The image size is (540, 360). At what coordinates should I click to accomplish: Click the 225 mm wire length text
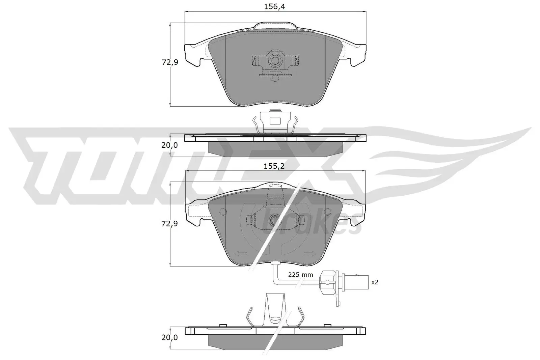pyautogui.click(x=300, y=275)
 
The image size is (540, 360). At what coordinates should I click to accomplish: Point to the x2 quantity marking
pyautogui.click(x=375, y=282)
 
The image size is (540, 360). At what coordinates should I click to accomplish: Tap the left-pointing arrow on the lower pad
pyautogui.click(x=241, y=254)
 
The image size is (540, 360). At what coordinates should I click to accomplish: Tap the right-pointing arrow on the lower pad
pyautogui.click(x=309, y=254)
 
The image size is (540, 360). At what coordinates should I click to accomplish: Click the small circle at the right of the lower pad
pyautogui.click(x=327, y=212)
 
